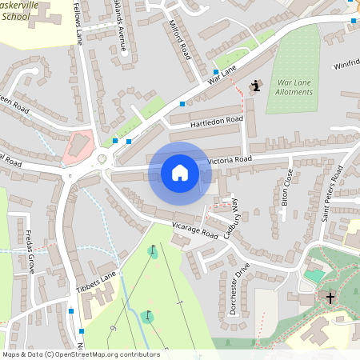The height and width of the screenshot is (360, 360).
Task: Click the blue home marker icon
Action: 179,172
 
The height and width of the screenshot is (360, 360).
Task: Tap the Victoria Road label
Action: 230,160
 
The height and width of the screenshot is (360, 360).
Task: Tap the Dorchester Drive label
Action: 238,289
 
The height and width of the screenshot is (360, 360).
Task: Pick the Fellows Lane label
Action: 78,22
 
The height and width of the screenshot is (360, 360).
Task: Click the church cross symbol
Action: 330,298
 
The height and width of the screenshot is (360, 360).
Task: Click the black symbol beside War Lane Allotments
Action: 256,86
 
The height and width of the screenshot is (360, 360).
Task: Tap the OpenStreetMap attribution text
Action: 80,354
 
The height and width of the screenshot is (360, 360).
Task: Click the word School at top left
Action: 16,16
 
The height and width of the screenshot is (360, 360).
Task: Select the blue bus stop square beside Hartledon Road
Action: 182,104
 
